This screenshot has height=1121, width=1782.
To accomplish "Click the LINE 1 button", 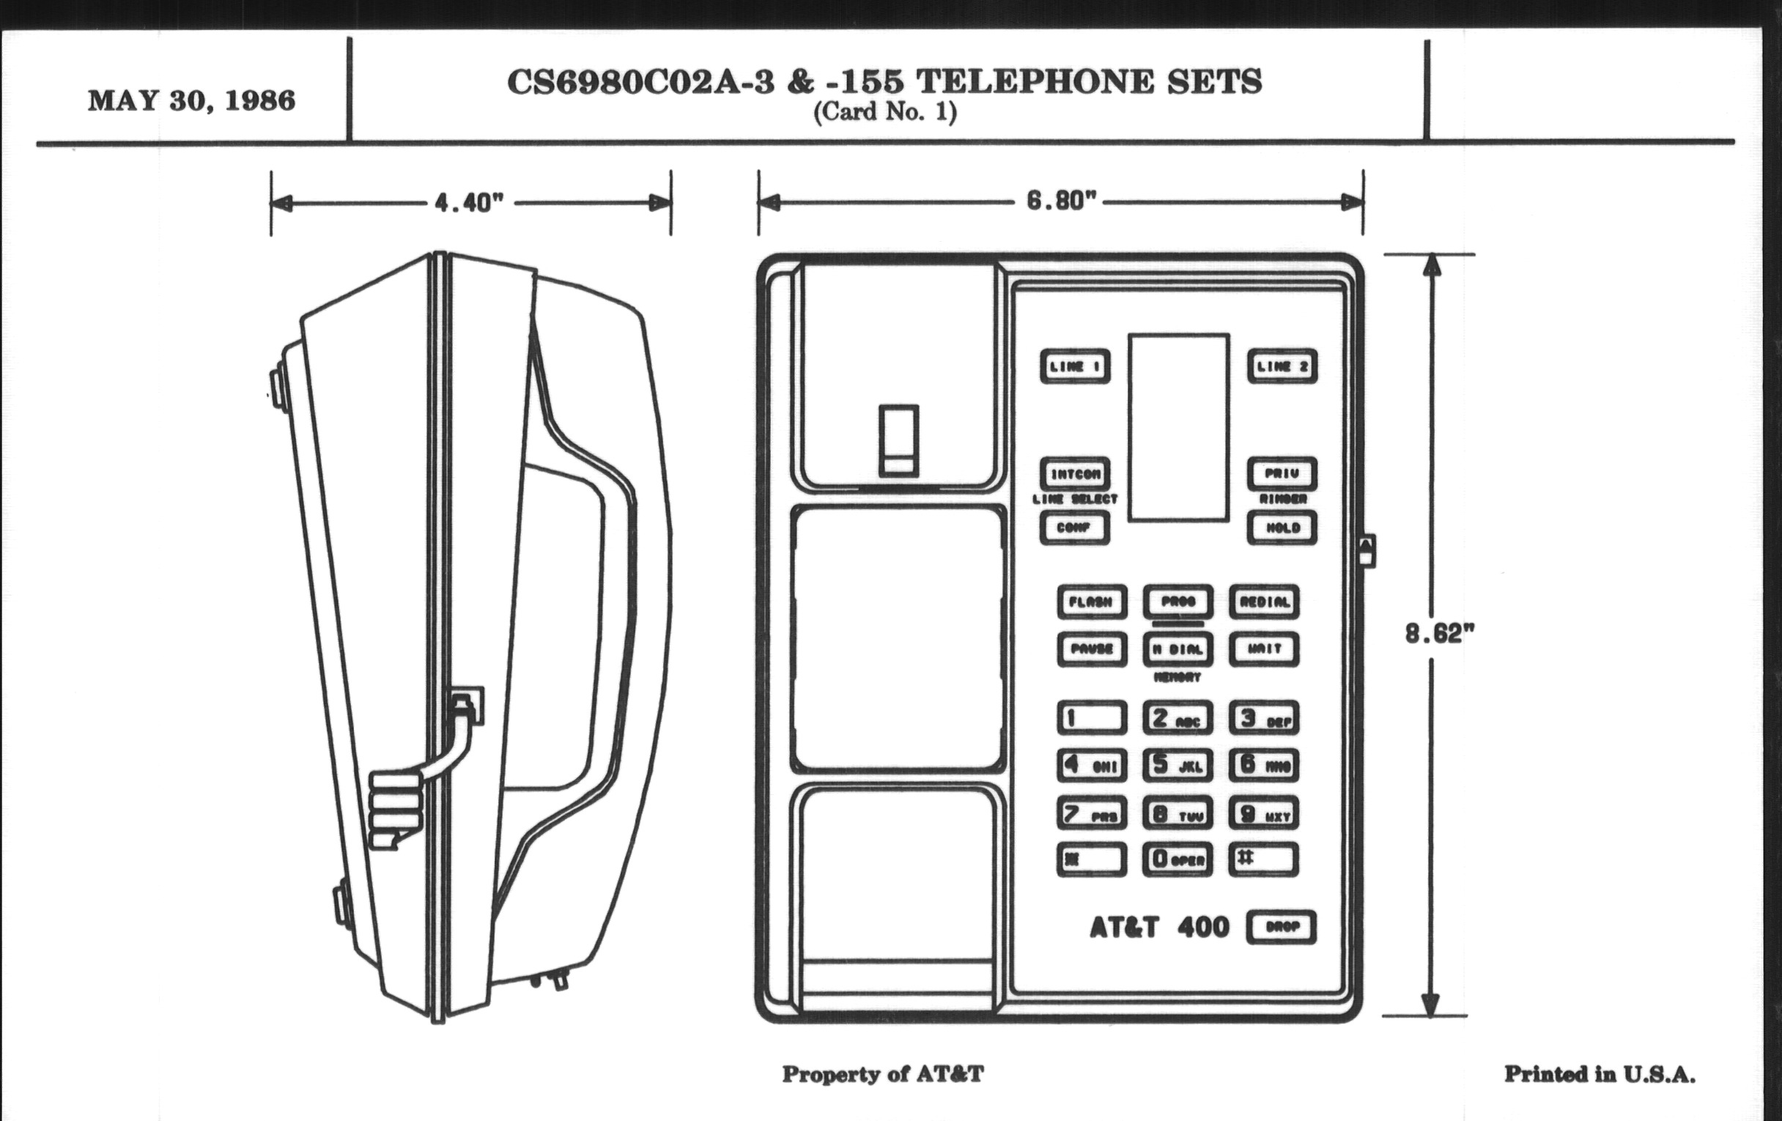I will click(1074, 366).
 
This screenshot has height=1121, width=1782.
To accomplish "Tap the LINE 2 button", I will click(1282, 366).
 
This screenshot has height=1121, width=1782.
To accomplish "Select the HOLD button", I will click(1282, 528).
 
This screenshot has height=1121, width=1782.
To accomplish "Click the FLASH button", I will click(1092, 602).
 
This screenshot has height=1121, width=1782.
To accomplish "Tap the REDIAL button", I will click(1264, 602).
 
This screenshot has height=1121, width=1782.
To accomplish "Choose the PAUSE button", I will click(1092, 650).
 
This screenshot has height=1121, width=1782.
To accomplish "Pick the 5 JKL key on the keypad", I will click(1177, 765).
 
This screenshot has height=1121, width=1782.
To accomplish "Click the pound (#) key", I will click(1264, 859).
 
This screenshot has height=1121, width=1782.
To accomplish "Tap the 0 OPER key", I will click(1177, 859).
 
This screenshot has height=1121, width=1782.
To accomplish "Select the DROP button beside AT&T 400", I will click(1281, 927).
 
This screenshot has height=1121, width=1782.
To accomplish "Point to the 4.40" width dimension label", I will click(469, 202).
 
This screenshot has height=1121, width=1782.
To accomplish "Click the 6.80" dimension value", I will click(1060, 201).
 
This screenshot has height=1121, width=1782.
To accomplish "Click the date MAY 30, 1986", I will click(192, 100).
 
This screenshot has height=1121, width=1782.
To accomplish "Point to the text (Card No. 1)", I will click(884, 114).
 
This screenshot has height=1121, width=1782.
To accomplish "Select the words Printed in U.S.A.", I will click(1600, 1073).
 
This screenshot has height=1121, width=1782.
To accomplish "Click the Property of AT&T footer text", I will click(883, 1073).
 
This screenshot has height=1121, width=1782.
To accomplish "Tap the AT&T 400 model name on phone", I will click(1159, 927).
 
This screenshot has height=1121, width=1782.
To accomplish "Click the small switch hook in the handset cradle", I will click(898, 441).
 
